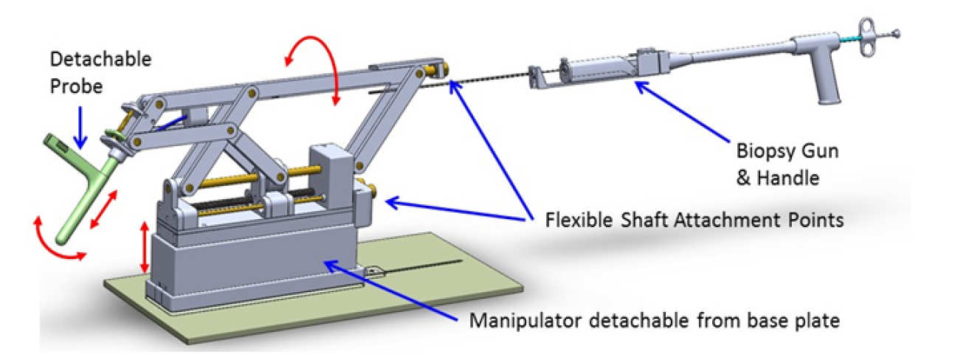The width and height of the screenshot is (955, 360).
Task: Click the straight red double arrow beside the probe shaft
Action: (103, 211)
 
